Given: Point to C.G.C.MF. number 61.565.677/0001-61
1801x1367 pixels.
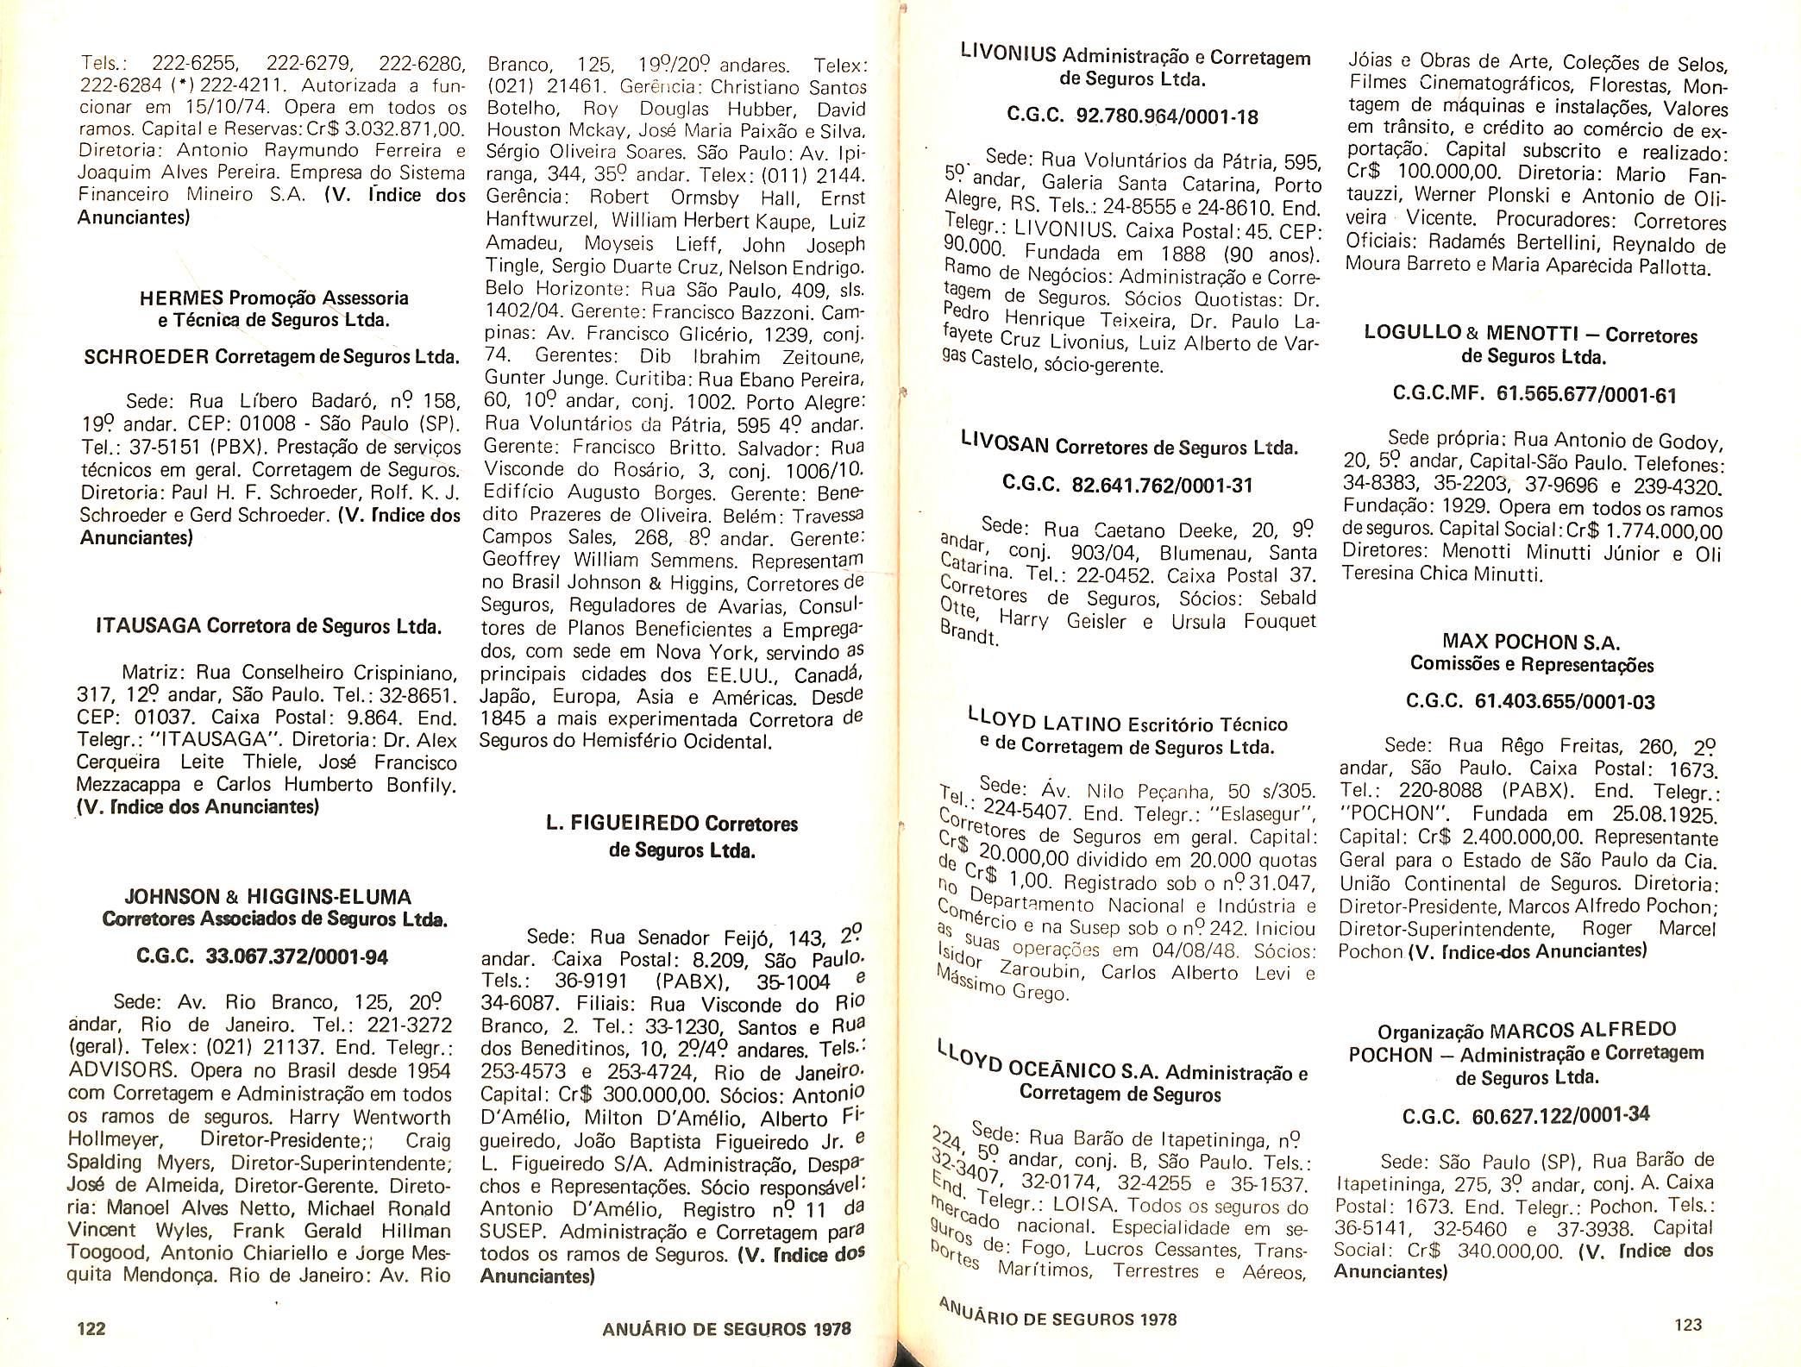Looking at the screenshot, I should point(1586,395).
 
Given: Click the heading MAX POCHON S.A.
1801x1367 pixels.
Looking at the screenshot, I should point(1530,642).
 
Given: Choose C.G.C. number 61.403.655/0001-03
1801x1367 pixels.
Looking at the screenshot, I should point(1565,701).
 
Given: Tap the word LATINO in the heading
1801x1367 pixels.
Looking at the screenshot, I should point(1079,724).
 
